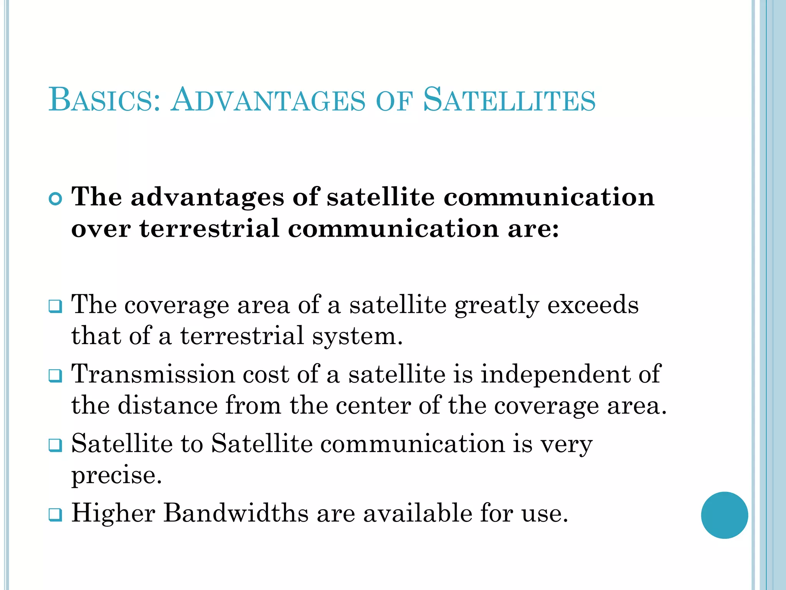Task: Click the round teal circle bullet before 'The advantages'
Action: (x=56, y=199)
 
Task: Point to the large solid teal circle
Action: (x=724, y=515)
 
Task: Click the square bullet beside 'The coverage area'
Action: (x=56, y=306)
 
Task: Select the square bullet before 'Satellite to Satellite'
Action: (x=56, y=445)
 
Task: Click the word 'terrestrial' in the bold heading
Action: (x=210, y=229)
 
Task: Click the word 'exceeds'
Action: (x=593, y=305)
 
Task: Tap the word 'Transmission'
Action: (x=153, y=374)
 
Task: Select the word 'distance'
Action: (x=168, y=405)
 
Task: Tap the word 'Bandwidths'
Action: (x=236, y=513)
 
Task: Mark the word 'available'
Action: (x=418, y=513)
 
